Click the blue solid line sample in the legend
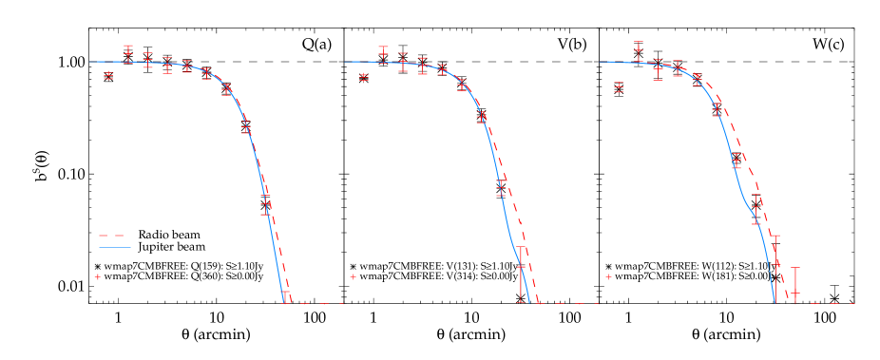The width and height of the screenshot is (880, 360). (x=114, y=247)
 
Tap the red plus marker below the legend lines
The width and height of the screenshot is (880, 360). (x=97, y=276)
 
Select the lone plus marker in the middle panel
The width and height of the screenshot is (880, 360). (x=353, y=276)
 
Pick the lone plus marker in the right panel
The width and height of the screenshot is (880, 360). (x=608, y=276)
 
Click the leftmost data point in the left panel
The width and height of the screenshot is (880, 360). (x=108, y=75)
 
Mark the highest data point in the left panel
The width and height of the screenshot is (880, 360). (x=127, y=53)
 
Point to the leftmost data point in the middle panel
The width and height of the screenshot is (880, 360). (x=363, y=77)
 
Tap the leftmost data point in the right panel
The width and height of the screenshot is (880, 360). (x=619, y=86)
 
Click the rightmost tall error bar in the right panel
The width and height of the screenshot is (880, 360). (x=795, y=281)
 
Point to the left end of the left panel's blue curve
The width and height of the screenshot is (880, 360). (x=91, y=62)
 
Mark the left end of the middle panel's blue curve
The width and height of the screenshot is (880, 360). (x=346, y=62)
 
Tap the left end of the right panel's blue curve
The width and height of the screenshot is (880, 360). (x=601, y=62)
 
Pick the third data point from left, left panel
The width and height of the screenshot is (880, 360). (x=147, y=60)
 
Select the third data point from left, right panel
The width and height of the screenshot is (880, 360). (x=658, y=69)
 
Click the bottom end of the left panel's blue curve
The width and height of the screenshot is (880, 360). (x=283, y=302)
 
